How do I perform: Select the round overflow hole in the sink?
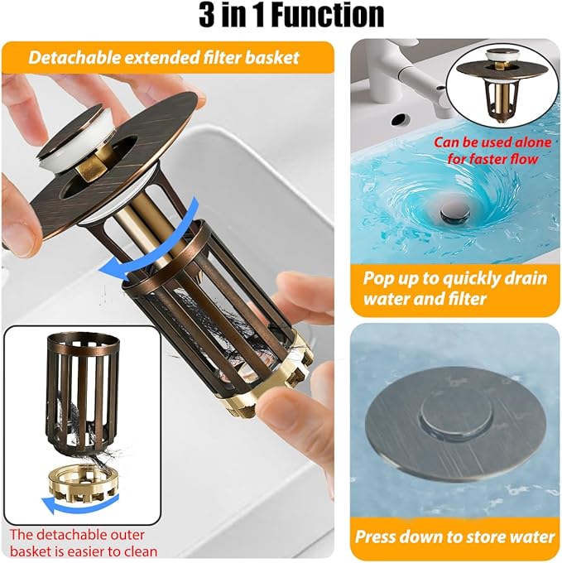(x=400, y=120)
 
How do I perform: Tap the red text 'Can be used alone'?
(x=492, y=142)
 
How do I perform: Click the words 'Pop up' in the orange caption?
(x=390, y=279)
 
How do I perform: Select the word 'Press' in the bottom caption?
(x=375, y=537)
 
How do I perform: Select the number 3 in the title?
(x=207, y=15)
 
